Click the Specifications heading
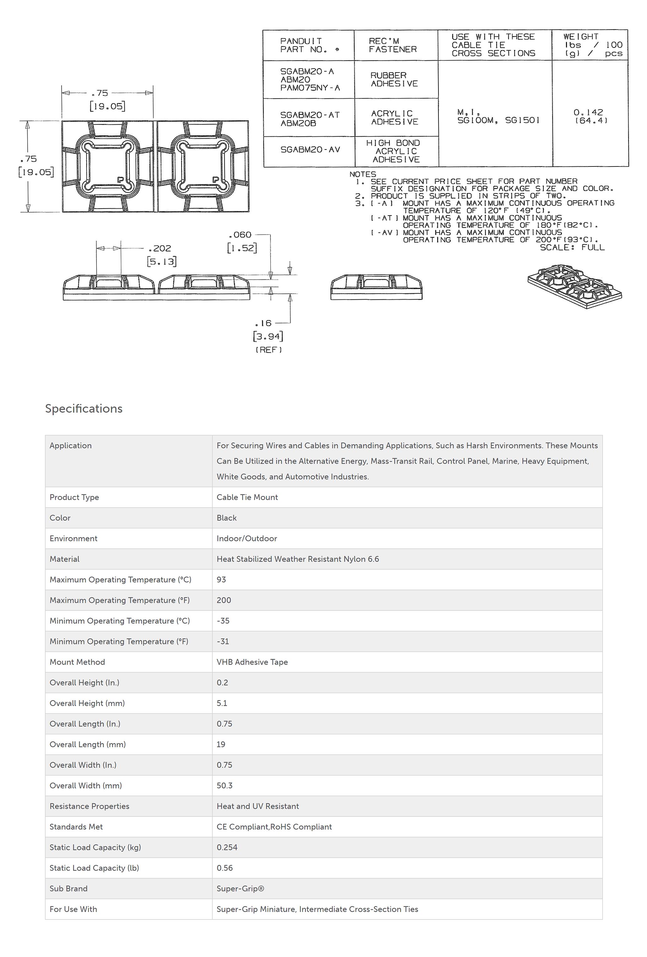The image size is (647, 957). coord(84,409)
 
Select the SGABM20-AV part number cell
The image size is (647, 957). coord(310,150)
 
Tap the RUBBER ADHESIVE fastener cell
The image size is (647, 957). coord(394,79)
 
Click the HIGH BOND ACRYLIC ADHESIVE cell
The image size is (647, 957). coord(394,151)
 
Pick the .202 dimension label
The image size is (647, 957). coord(160,248)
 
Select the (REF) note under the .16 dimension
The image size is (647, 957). coord(269,350)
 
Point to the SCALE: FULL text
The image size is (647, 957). coord(572,247)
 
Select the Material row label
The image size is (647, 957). coord(65,559)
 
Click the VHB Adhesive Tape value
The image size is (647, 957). coord(252,662)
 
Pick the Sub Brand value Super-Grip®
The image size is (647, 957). coord(240,888)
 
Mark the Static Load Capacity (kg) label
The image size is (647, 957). coord(95,847)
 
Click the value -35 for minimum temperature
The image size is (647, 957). coord(223,621)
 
